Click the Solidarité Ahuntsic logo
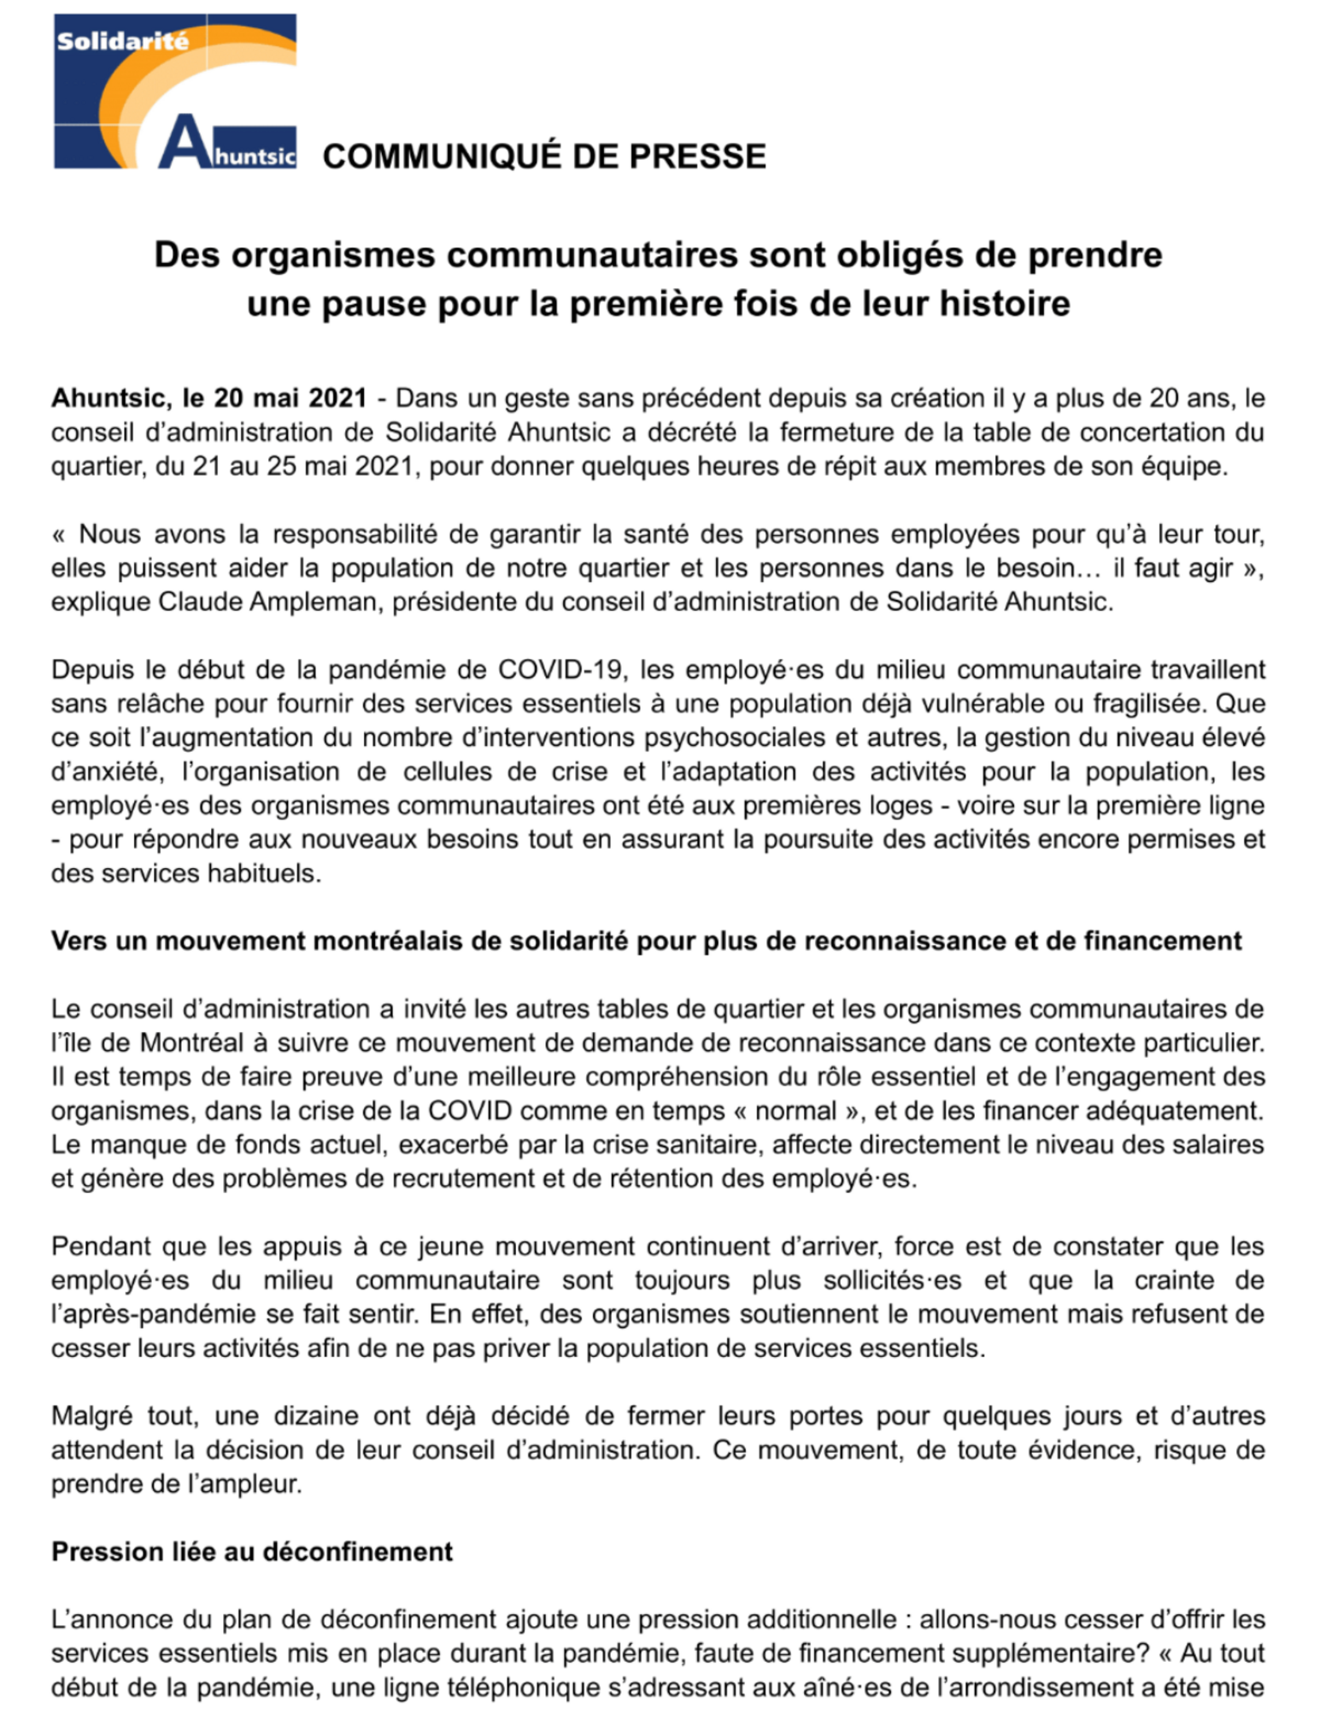click(175, 91)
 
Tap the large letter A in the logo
click(183, 142)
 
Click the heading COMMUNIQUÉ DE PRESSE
click(544, 156)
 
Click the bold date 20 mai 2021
click(290, 398)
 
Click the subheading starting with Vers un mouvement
click(646, 941)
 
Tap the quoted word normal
click(795, 1111)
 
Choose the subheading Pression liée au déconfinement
click(252, 1552)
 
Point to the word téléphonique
click(509, 1688)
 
